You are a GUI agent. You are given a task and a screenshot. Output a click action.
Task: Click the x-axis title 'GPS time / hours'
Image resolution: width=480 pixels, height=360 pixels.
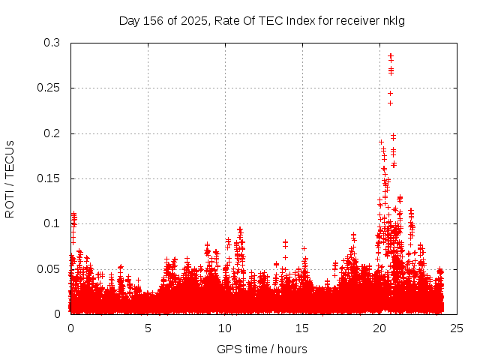[262, 349]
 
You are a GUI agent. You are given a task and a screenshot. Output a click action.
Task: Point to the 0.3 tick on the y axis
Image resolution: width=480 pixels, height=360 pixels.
[52, 43]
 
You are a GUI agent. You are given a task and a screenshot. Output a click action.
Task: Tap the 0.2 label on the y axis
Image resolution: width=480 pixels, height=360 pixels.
[52, 133]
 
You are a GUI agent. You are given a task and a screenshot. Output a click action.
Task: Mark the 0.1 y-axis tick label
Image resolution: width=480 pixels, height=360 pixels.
[52, 223]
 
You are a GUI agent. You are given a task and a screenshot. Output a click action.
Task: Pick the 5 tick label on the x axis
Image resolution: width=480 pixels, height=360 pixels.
[148, 328]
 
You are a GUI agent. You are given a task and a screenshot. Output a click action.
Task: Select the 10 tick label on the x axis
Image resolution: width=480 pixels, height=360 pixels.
[225, 328]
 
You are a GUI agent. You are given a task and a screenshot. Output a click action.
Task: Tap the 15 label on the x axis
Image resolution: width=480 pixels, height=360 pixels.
[302, 328]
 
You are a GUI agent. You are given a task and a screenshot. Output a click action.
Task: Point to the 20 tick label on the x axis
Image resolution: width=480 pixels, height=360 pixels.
[379, 328]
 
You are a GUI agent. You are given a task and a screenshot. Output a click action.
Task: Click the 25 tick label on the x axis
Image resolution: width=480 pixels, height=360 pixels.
[457, 328]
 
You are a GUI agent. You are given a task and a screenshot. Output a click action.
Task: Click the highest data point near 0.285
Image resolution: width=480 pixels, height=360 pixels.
[391, 55]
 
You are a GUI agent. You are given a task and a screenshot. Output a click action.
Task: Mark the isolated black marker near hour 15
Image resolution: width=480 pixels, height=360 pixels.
[304, 247]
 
